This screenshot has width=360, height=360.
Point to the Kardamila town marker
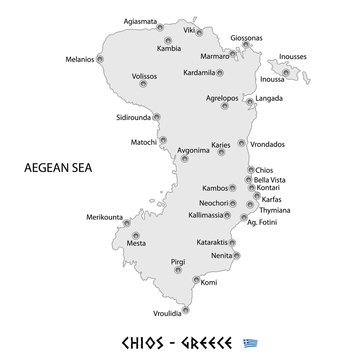(x=220, y=72)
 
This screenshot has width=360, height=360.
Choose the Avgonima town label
(x=193, y=150)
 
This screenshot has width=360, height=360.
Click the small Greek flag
(x=267, y=343)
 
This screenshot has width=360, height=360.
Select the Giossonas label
(x=245, y=38)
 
